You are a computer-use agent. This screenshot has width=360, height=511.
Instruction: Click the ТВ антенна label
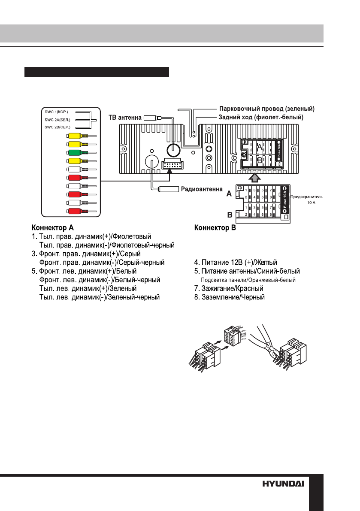[122, 117]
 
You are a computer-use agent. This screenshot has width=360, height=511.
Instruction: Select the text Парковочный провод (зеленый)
[268, 108]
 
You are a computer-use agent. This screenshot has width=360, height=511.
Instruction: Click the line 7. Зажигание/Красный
[229, 288]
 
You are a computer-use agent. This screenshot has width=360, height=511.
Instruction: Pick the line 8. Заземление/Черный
[230, 296]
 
